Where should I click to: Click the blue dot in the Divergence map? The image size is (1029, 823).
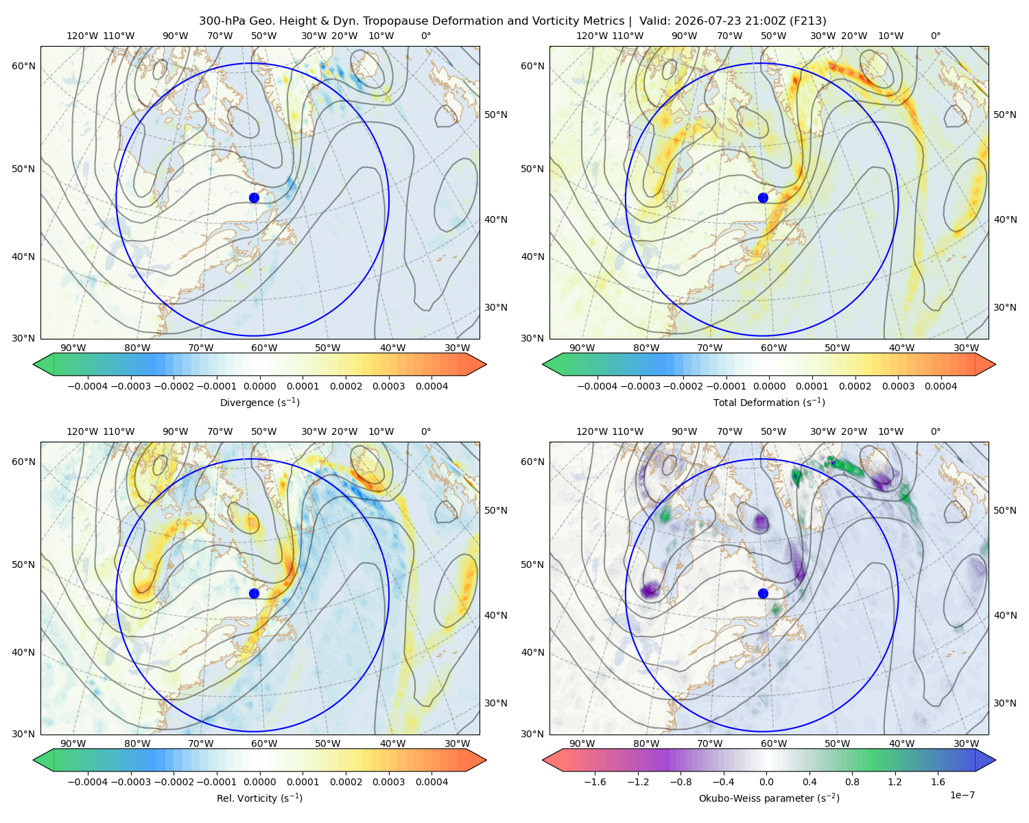click(x=254, y=198)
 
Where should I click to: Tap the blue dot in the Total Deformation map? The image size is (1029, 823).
click(x=763, y=198)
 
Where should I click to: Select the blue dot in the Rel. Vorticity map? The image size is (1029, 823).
click(x=254, y=593)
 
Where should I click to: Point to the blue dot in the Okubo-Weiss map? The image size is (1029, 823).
click(x=763, y=593)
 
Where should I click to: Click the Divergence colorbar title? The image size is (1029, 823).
click(x=259, y=402)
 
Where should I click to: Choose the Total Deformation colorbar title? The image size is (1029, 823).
click(x=769, y=402)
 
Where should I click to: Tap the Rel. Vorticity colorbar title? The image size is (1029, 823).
click(x=259, y=798)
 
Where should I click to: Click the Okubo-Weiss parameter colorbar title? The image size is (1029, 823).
click(x=769, y=798)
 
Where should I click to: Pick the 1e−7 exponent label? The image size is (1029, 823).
click(x=962, y=795)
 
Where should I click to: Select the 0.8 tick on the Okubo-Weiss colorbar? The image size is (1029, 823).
click(x=852, y=782)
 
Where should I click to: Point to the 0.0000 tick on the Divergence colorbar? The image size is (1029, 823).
click(x=259, y=386)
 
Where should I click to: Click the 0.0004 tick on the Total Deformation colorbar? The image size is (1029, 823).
click(x=941, y=386)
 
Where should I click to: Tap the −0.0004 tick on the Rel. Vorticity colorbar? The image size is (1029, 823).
click(x=88, y=782)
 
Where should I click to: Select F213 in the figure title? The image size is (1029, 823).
click(x=807, y=21)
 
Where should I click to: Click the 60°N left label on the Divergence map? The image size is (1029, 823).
click(x=23, y=66)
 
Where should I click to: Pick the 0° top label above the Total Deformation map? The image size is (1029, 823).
click(x=935, y=36)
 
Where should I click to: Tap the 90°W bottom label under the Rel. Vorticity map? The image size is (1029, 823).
click(x=73, y=743)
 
